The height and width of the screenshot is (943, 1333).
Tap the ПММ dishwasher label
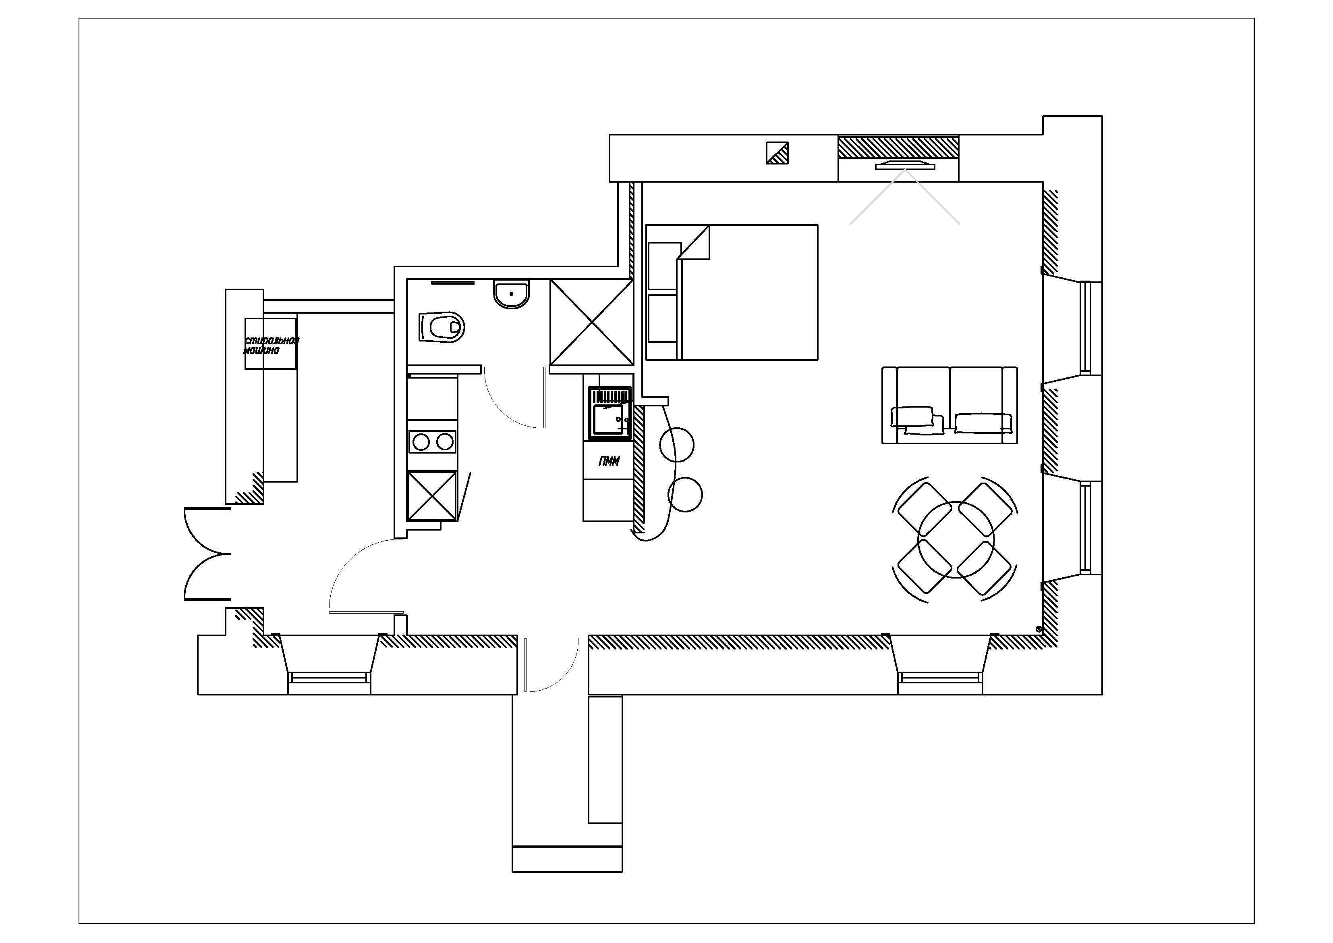pos(609,461)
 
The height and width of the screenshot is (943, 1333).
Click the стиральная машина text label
pos(271,346)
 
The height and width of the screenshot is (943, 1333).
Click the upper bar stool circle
pos(677,444)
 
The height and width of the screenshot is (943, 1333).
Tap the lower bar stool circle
pos(686,494)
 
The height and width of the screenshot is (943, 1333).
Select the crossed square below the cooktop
pos(432,495)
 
